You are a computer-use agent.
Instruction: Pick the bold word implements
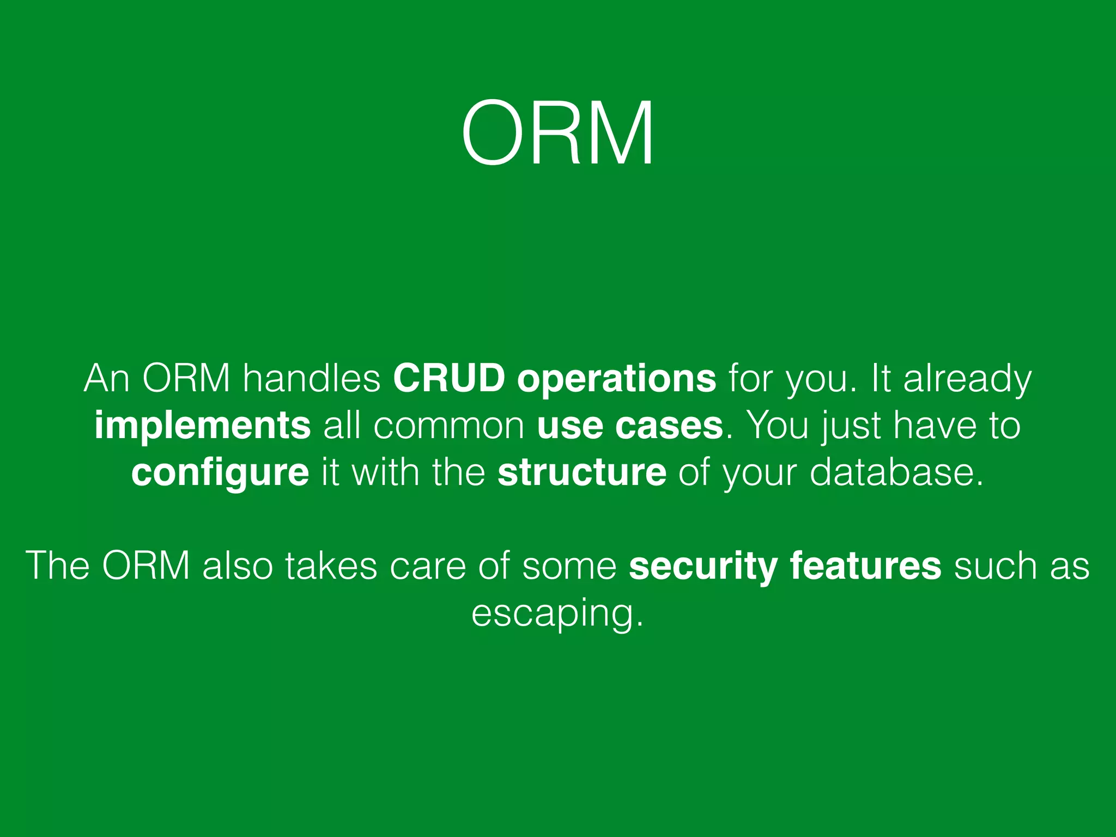point(202,427)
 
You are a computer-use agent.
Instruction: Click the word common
point(449,426)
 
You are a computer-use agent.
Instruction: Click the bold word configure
point(220,474)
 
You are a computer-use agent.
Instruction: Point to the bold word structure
point(581,472)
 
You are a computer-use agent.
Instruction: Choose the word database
point(896,472)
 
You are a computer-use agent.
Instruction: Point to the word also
point(238,566)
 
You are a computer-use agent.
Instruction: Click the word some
point(569,566)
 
